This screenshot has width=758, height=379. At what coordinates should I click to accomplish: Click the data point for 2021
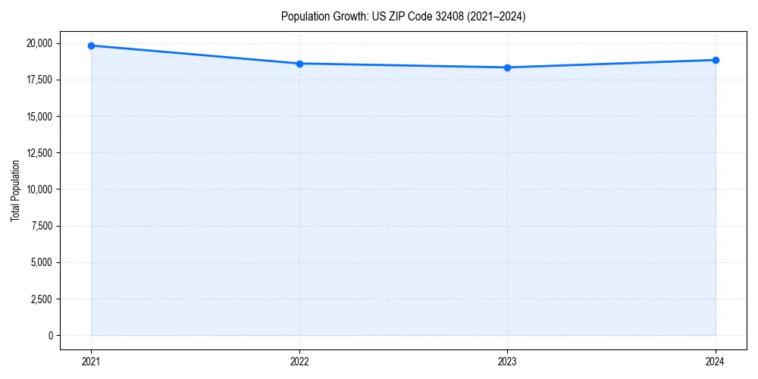click(91, 45)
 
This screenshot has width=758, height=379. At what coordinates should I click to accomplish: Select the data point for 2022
click(299, 64)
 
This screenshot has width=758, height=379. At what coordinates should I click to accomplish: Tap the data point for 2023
click(507, 67)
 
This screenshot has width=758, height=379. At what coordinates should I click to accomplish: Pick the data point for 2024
click(716, 60)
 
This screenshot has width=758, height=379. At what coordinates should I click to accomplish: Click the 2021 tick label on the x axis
click(91, 361)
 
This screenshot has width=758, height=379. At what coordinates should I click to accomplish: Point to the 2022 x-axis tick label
click(299, 361)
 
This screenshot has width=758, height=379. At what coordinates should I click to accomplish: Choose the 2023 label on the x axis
click(507, 361)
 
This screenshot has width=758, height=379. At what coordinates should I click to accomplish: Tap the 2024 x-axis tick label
click(716, 361)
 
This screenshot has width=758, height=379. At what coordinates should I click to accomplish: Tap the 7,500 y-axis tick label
click(42, 226)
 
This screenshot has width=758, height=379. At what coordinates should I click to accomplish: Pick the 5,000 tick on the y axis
click(42, 262)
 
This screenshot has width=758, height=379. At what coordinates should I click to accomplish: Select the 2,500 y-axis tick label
click(42, 299)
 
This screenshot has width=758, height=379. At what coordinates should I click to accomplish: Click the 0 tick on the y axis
click(50, 336)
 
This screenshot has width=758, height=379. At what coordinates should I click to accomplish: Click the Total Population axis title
click(15, 190)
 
